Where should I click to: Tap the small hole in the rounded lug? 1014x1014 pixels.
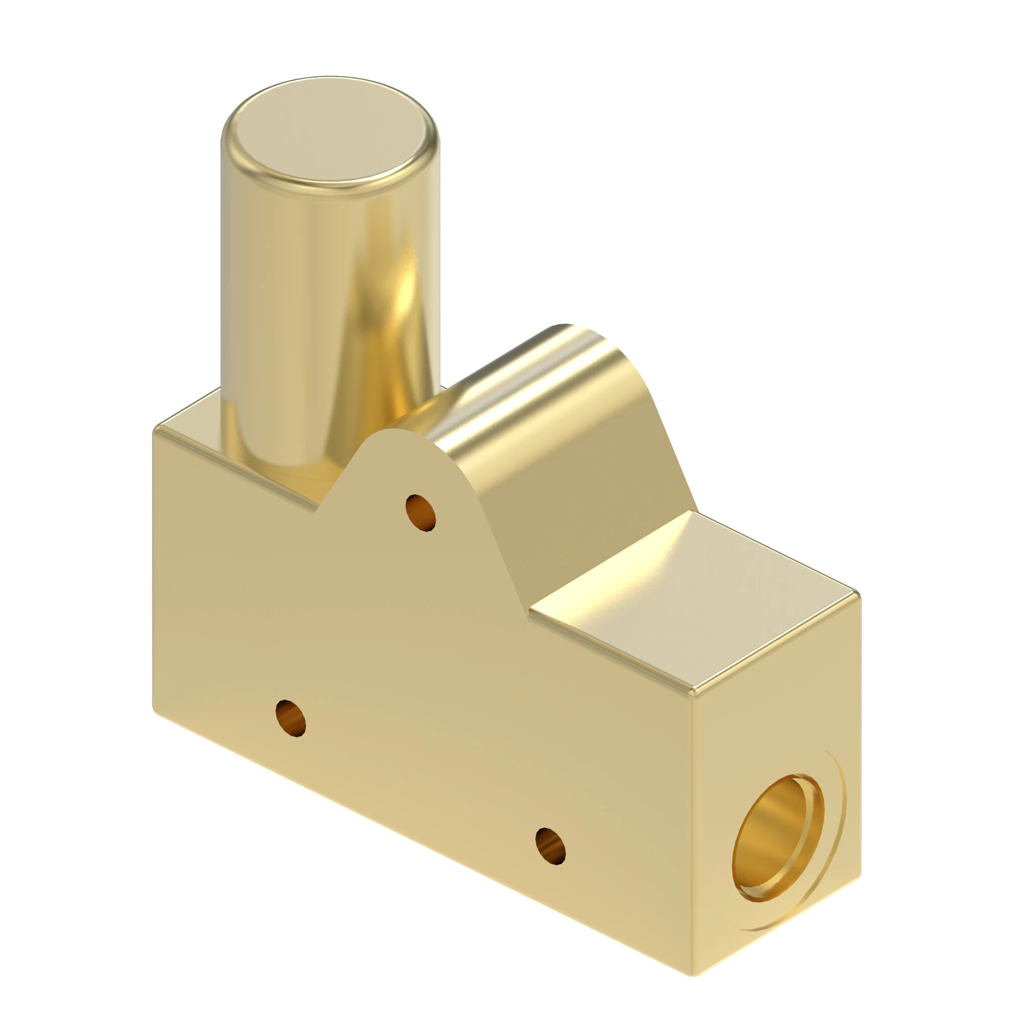click(x=421, y=513)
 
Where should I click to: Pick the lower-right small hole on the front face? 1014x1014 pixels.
click(x=550, y=846)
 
